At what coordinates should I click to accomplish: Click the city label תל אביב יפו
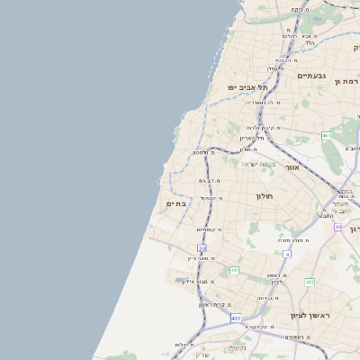tap(247, 87)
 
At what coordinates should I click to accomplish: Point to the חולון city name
tap(264, 195)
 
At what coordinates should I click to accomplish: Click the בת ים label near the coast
tap(176, 204)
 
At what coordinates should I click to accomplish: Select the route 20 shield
tap(202, 248)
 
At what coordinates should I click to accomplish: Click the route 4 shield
tap(287, 255)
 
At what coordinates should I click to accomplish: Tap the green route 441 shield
tap(234, 270)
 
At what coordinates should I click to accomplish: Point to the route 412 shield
tap(309, 283)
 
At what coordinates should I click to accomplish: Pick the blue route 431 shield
tap(235, 318)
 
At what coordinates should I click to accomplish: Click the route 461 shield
tap(326, 136)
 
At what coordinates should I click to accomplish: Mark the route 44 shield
tap(338, 227)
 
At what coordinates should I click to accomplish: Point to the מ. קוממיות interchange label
tap(209, 229)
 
